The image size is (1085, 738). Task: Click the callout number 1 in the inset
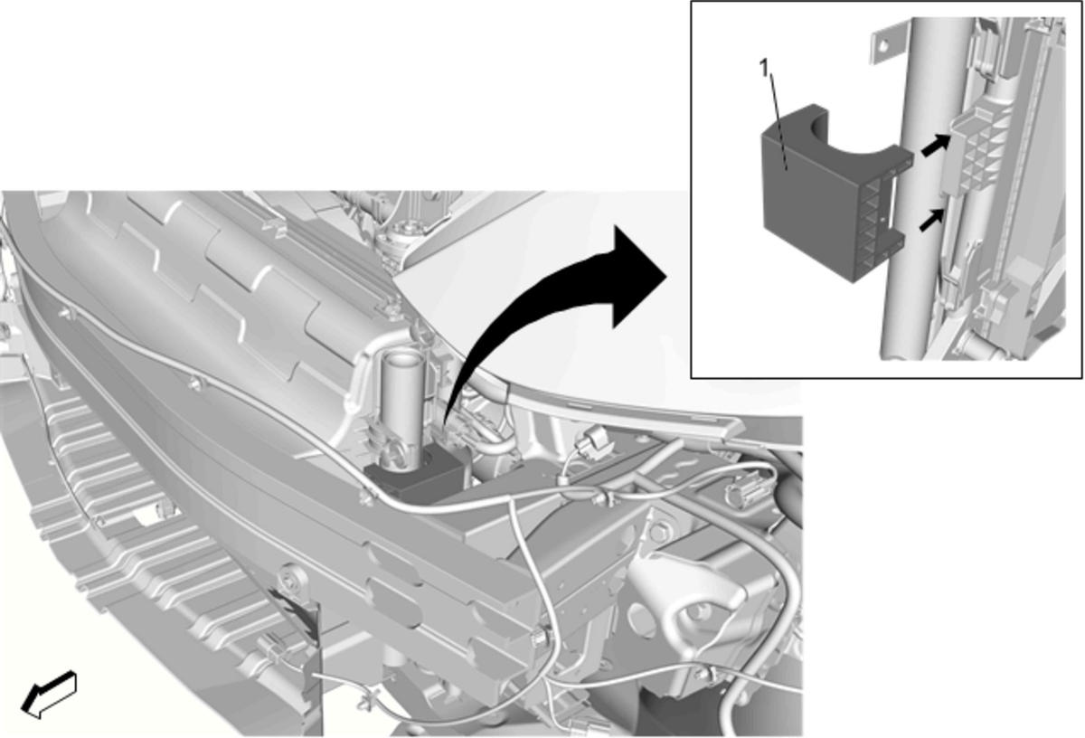764,69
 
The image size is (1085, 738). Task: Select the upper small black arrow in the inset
935,146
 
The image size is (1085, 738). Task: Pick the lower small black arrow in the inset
932,221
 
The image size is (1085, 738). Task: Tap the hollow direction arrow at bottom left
49,695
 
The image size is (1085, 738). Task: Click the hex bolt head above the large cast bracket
657,534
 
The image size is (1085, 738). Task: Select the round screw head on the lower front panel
293,577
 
